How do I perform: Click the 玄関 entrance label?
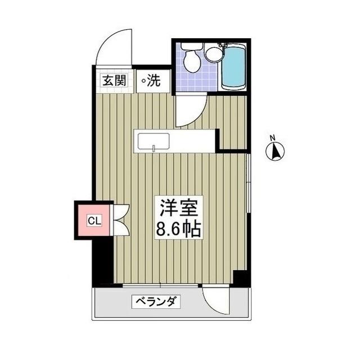[x=114, y=80]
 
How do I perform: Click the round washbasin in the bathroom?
[x=213, y=54]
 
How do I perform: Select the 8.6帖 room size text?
[x=178, y=229]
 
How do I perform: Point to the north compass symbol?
[x=276, y=152]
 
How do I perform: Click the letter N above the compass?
[x=272, y=138]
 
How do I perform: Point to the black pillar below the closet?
[x=103, y=262]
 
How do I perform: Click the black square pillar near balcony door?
[x=241, y=277]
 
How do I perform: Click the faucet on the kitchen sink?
[x=154, y=149]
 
